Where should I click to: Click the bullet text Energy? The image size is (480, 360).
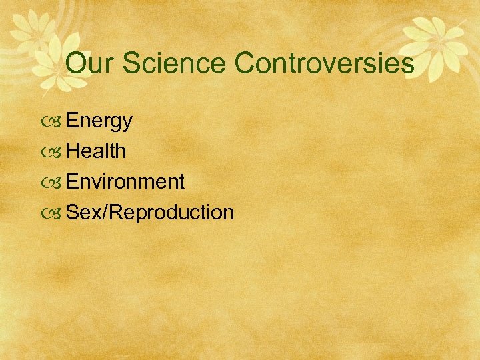pyautogui.click(x=99, y=121)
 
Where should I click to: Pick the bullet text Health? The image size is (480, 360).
pyautogui.click(x=97, y=151)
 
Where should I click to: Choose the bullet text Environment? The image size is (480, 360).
pyautogui.click(x=125, y=181)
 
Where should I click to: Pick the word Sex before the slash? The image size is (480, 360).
pyautogui.click(x=84, y=212)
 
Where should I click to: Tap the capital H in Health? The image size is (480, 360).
pyautogui.click(x=73, y=151)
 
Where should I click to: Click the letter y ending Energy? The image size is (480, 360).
pyautogui.click(x=127, y=123)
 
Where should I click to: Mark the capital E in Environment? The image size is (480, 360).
pyautogui.click(x=73, y=181)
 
